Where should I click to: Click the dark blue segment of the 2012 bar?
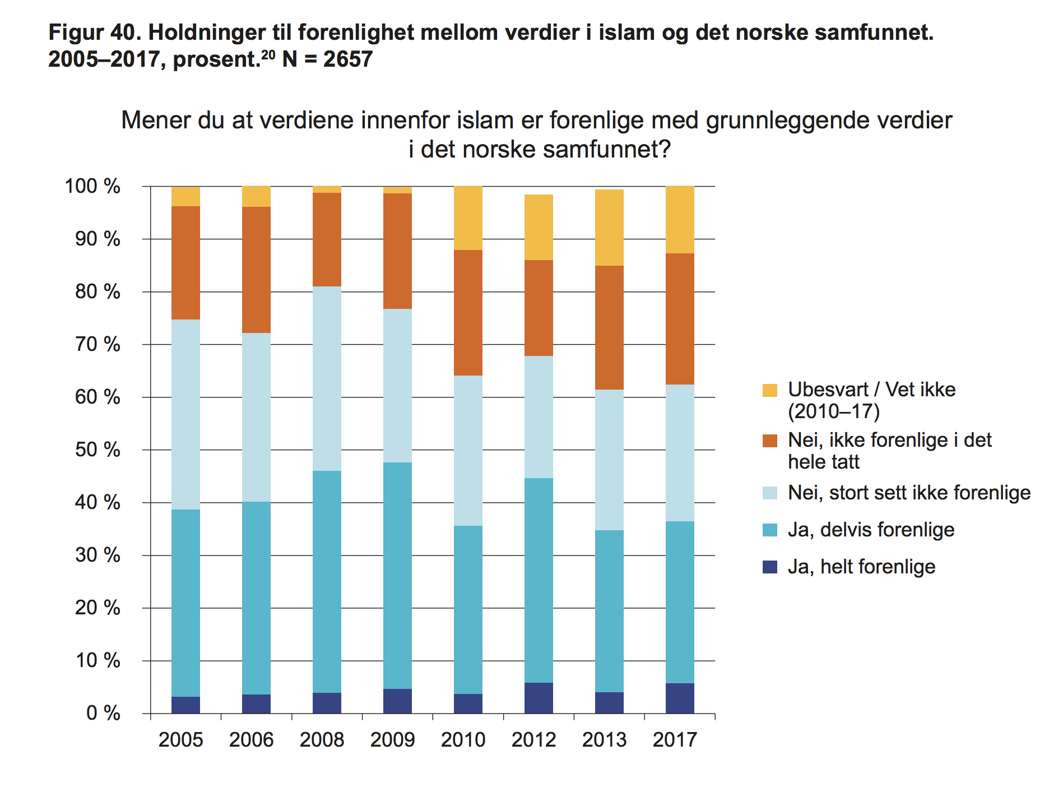539,698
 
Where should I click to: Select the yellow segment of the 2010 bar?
468,217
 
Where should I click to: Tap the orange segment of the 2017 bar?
680,318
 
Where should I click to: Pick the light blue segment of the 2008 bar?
327,378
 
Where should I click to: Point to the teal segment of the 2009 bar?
397,575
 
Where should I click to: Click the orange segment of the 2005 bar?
185,262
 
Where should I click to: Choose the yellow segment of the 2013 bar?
609,228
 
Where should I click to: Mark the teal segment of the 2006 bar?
256,598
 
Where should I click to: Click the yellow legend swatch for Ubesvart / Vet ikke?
770,390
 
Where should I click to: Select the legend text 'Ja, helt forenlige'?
861,567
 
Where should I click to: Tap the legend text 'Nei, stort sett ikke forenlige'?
909,493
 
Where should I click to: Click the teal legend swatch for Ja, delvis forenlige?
770,530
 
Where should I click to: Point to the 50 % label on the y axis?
98,450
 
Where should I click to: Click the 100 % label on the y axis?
93,186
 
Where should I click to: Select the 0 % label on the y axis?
103,714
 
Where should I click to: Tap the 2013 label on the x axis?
604,740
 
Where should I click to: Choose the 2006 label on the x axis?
251,740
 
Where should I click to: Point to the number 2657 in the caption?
347,59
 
